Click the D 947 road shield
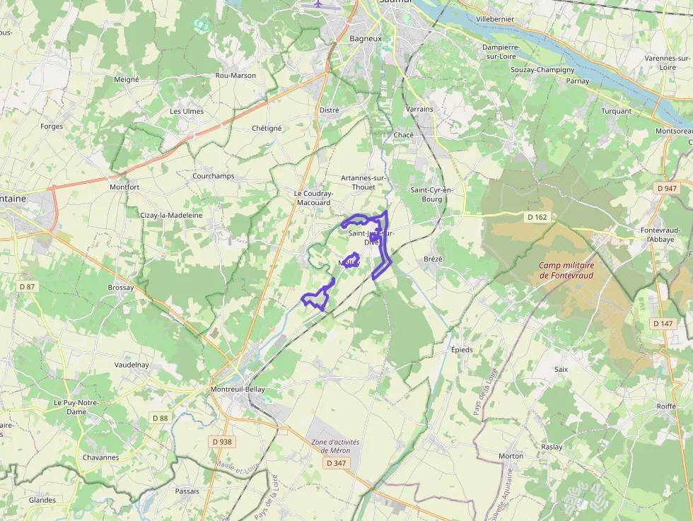(666, 189)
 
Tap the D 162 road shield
(537, 216)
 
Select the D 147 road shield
(663, 323)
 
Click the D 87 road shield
(27, 286)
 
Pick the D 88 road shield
(161, 418)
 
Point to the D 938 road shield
(222, 442)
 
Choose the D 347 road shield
(336, 463)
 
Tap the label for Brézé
(433, 259)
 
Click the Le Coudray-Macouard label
(313, 198)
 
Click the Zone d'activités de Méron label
(335, 446)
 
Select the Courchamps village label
(214, 175)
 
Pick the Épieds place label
(462, 350)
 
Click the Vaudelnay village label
(132, 365)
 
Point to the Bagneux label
(366, 38)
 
